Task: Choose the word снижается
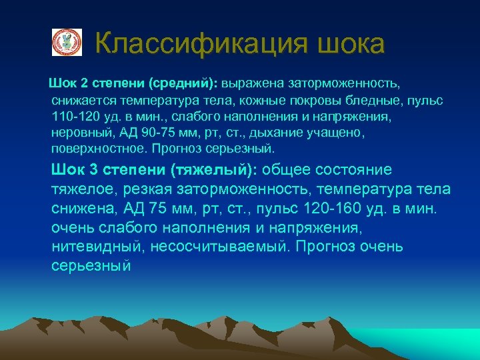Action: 81,101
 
